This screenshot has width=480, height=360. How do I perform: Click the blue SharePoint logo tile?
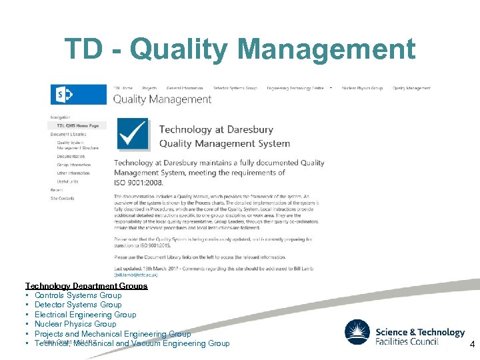click(65, 95)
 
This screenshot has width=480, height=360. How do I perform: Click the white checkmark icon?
click(133, 134)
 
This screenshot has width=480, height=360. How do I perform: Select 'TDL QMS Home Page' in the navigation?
click(77, 125)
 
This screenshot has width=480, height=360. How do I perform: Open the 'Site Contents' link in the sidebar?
click(63, 198)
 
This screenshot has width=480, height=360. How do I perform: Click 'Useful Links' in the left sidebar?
click(67, 181)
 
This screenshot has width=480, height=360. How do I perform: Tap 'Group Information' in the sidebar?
click(73, 165)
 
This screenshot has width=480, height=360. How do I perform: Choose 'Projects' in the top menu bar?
click(149, 88)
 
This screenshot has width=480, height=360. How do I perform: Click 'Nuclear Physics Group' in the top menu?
click(362, 88)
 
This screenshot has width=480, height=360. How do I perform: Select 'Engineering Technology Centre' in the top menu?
click(295, 88)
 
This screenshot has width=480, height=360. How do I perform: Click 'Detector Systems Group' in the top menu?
click(235, 88)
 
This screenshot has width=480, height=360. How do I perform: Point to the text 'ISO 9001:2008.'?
click(139, 182)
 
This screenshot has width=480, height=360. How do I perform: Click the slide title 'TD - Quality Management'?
click(239, 49)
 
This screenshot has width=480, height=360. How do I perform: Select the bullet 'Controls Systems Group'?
click(78, 295)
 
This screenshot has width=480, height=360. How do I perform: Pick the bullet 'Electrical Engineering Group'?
click(85, 315)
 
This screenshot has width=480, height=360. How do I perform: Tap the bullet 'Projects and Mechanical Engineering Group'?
click(113, 334)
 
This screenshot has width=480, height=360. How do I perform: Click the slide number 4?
click(472, 345)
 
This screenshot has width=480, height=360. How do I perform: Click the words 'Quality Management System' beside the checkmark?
click(224, 143)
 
